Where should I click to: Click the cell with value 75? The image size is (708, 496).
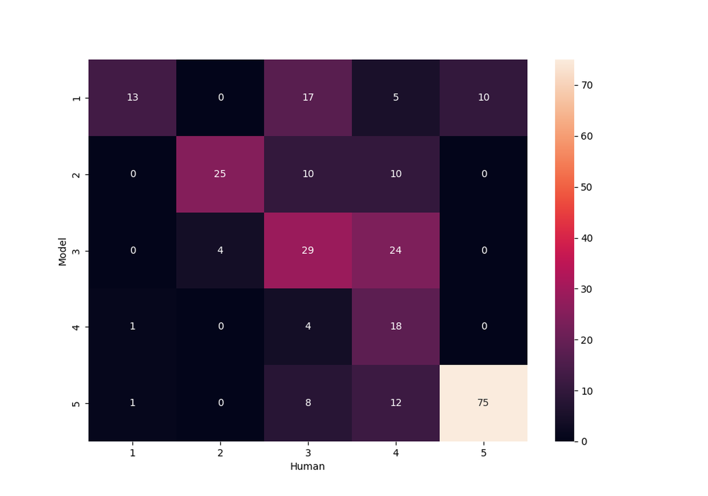tap(483, 403)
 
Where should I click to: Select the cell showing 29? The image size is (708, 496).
tap(308, 250)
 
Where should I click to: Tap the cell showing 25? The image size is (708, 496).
tap(220, 174)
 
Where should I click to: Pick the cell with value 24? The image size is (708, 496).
tap(395, 250)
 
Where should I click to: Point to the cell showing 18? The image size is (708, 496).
tap(395, 327)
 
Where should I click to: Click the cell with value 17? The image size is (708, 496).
tap(308, 97)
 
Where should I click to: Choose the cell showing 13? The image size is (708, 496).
tap(132, 97)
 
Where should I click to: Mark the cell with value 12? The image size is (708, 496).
tap(395, 403)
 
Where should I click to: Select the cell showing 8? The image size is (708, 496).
tap(308, 403)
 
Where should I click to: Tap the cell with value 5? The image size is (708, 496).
tap(395, 97)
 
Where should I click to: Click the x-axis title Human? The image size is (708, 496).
tap(307, 467)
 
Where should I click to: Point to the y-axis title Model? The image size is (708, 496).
tap(62, 251)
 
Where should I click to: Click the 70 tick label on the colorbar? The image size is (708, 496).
tap(587, 85)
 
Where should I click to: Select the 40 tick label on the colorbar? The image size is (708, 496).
tap(587, 238)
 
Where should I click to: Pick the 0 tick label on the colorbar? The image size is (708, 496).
tap(584, 442)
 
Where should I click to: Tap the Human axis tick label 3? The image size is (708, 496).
tap(308, 453)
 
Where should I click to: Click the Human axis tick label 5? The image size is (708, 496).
tap(483, 453)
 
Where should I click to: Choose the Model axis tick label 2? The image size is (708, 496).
tap(76, 175)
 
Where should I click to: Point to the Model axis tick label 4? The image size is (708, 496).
tap(76, 327)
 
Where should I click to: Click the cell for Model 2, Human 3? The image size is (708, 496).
tap(308, 174)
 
